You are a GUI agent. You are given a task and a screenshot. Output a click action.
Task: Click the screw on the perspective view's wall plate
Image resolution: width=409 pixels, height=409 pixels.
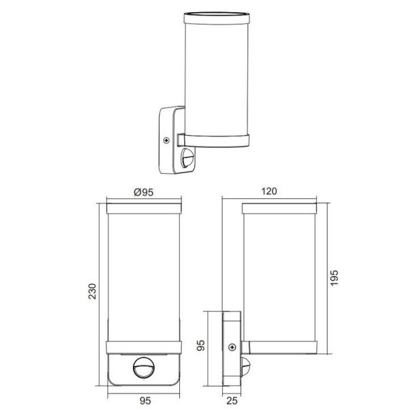point(166,141)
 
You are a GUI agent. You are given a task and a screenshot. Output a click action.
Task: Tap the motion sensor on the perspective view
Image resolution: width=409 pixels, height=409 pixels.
point(187,162)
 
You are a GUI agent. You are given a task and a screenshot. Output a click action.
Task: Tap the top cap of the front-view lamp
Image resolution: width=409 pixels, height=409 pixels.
point(145,204)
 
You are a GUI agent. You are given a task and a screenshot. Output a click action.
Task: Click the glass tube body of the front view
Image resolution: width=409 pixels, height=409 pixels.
point(145,273)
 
